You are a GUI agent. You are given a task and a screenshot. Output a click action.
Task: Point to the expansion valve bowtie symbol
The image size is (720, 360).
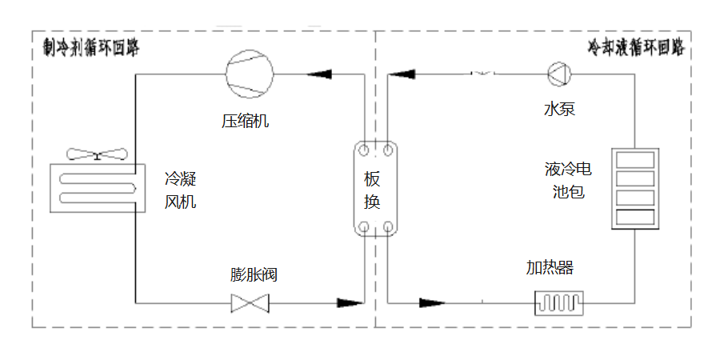click(250, 303)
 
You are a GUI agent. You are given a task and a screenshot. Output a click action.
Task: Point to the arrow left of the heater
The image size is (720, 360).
click(431, 303)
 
